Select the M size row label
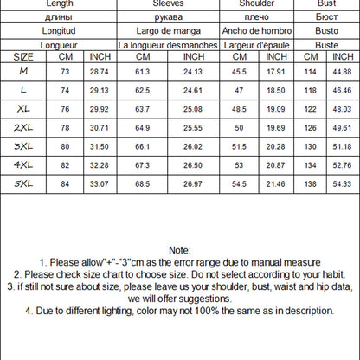(x=22, y=71)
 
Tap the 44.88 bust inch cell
(x=339, y=71)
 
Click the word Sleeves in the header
(x=166, y=4)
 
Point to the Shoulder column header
(x=256, y=4)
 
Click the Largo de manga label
(x=166, y=31)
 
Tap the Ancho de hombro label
(x=256, y=31)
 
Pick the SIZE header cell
(x=22, y=56)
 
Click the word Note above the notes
(x=179, y=248)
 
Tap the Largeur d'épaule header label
(x=256, y=44)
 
